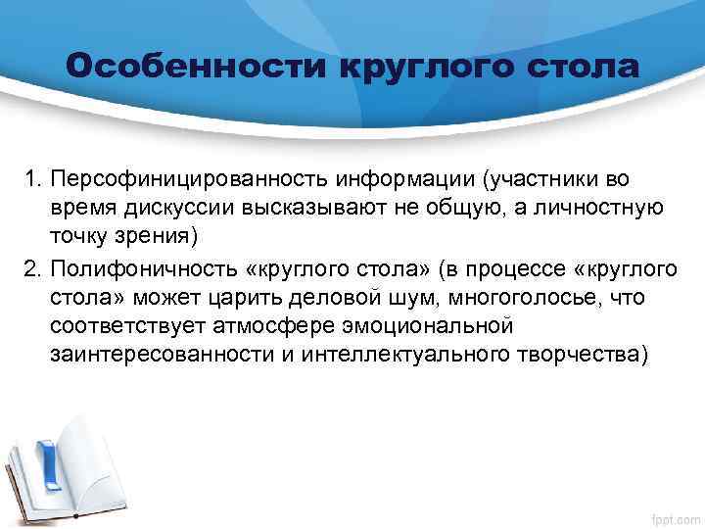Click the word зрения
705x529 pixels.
coord(164,235)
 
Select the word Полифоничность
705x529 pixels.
coord(130,267)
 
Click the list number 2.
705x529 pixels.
coord(32,267)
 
